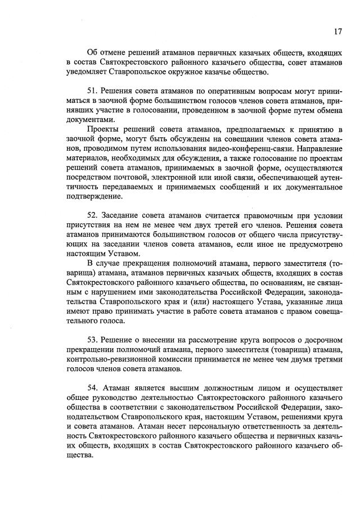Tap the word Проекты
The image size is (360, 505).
coord(103,130)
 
